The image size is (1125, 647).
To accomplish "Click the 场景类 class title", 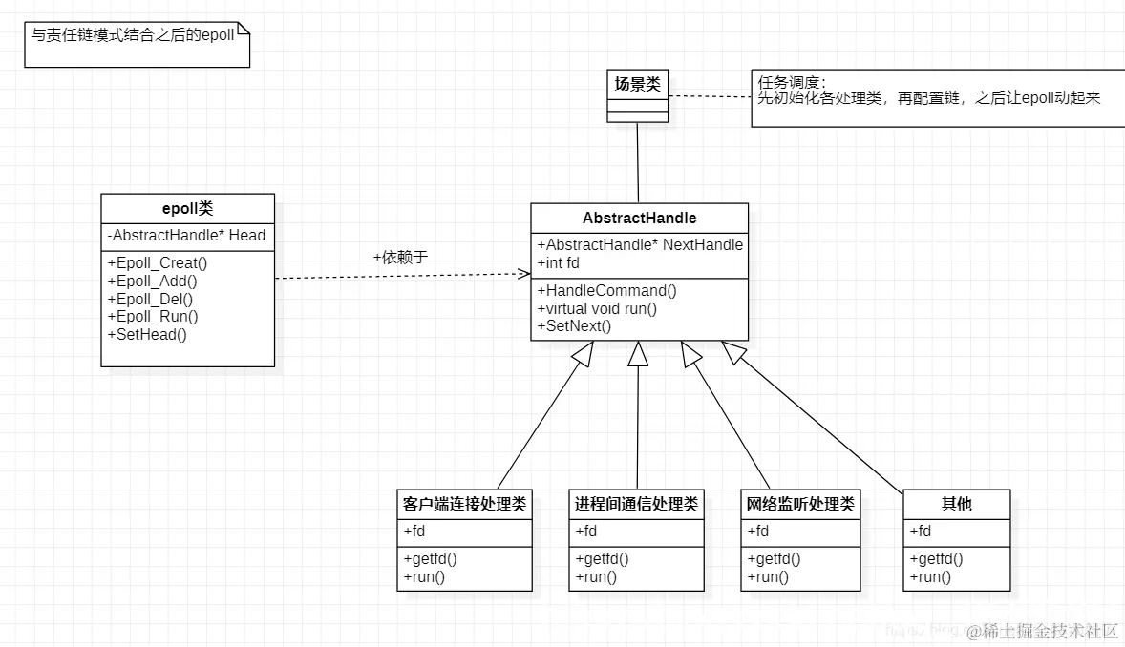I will pos(638,84).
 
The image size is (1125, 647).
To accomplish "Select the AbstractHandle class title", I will pos(639,218).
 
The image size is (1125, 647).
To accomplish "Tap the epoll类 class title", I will pos(187,209).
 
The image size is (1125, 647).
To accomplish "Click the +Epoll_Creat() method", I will pos(157,263).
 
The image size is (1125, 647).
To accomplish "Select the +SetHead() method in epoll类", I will pos(147,333).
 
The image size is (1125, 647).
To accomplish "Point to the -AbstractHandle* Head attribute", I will pos(186,235).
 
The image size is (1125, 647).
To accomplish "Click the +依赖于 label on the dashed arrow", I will pos(400,258).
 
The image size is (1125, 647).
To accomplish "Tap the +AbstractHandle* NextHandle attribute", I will pos(640,244).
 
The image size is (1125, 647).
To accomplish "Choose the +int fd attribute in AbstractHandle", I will pos(559,262).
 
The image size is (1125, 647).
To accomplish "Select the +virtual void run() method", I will pos(597,308).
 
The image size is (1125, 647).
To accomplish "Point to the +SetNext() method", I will pos(574,325).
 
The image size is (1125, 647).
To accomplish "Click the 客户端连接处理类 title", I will pos(464,504).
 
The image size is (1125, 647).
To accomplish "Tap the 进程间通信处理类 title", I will pos(636,504).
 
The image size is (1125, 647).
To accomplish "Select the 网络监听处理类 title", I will pos(800,504).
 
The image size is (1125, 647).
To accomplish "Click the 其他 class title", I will pos(956,504).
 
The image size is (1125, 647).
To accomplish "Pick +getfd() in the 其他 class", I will pos(936,559).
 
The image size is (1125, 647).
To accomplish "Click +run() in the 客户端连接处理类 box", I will pos(424,576).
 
